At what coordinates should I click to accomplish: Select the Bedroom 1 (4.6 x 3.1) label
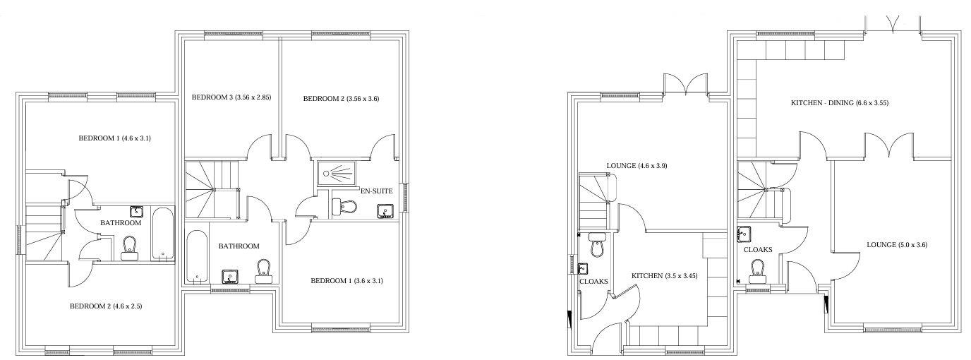coord(114,138)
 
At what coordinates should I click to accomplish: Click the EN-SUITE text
coord(376,191)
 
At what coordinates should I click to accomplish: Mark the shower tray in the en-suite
coord(340,172)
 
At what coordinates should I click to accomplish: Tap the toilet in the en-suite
coord(345,207)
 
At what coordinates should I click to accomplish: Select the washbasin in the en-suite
coord(385,211)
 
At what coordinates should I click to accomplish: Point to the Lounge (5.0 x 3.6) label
coord(896,245)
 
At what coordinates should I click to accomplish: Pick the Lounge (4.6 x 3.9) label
coord(637,166)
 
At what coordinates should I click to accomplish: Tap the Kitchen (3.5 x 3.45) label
coord(664,276)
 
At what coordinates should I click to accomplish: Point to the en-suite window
coord(405,197)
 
